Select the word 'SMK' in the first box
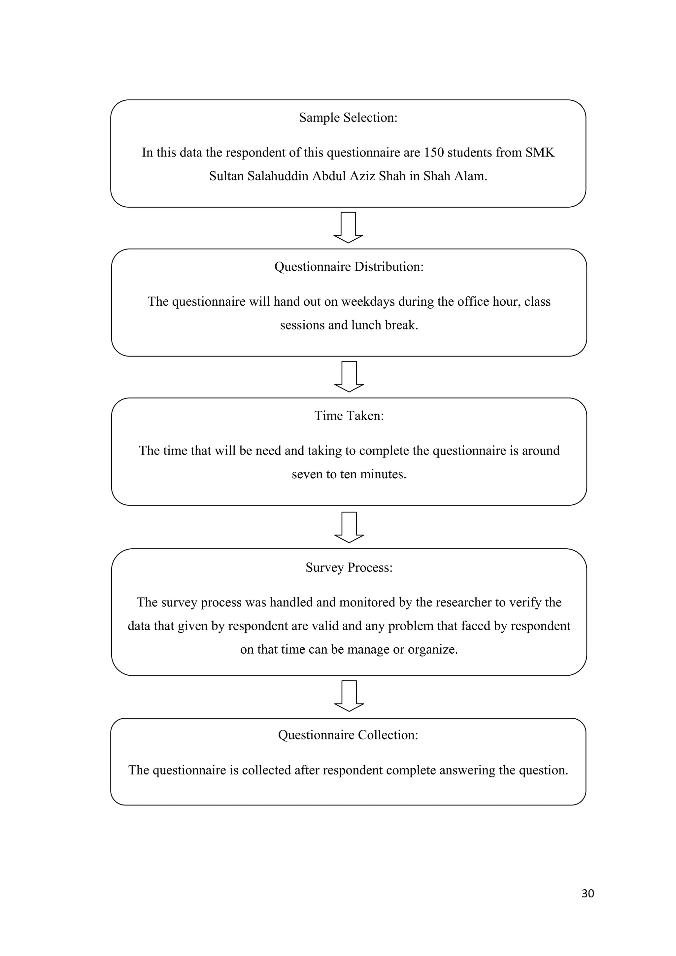[x=540, y=153]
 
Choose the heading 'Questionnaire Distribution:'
[x=349, y=267]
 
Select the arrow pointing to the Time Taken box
[x=349, y=376]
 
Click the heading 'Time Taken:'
[x=349, y=416]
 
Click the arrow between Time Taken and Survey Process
[x=349, y=527]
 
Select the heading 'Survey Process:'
[x=349, y=568]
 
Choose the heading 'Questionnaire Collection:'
[x=348, y=735]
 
